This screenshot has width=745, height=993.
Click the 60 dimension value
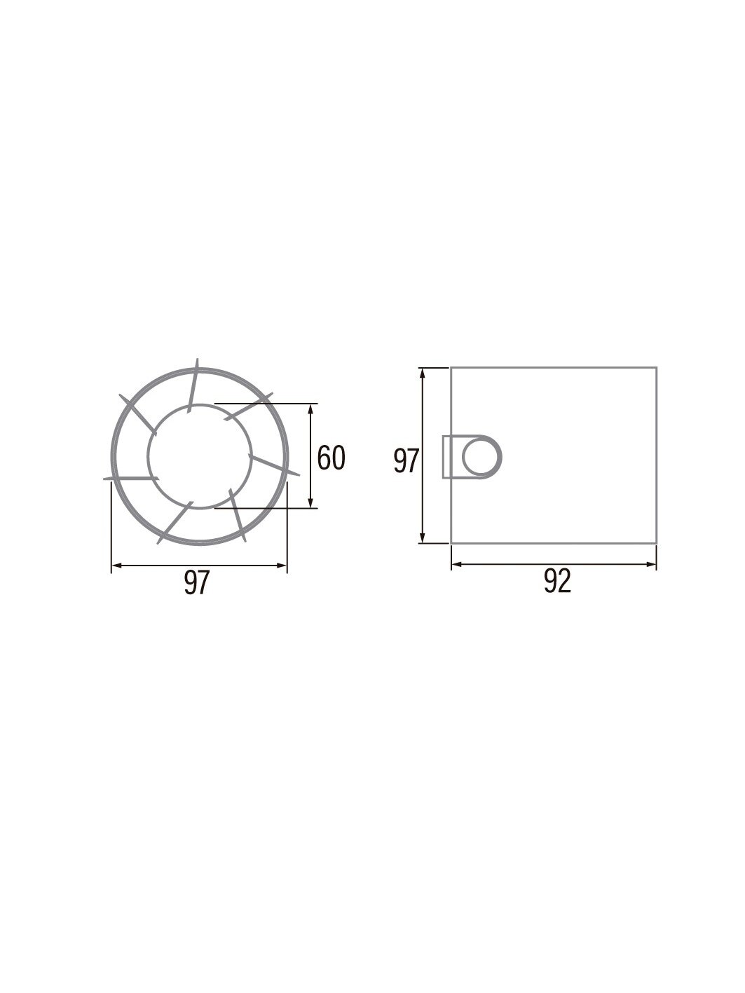pyautogui.click(x=331, y=458)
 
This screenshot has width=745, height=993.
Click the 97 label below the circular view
pyautogui.click(x=197, y=582)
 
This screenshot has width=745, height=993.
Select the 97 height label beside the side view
pyautogui.click(x=406, y=461)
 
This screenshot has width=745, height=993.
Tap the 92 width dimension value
pyautogui.click(x=557, y=582)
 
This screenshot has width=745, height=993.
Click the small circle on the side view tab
pyautogui.click(x=482, y=456)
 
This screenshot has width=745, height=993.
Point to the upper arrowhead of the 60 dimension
pyautogui.click(x=310, y=409)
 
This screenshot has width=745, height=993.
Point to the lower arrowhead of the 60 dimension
pyautogui.click(x=310, y=502)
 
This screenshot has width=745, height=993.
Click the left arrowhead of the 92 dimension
pyautogui.click(x=457, y=564)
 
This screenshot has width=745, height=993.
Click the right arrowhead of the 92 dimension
pyautogui.click(x=651, y=564)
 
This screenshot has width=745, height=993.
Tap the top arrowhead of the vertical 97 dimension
pyautogui.click(x=423, y=374)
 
